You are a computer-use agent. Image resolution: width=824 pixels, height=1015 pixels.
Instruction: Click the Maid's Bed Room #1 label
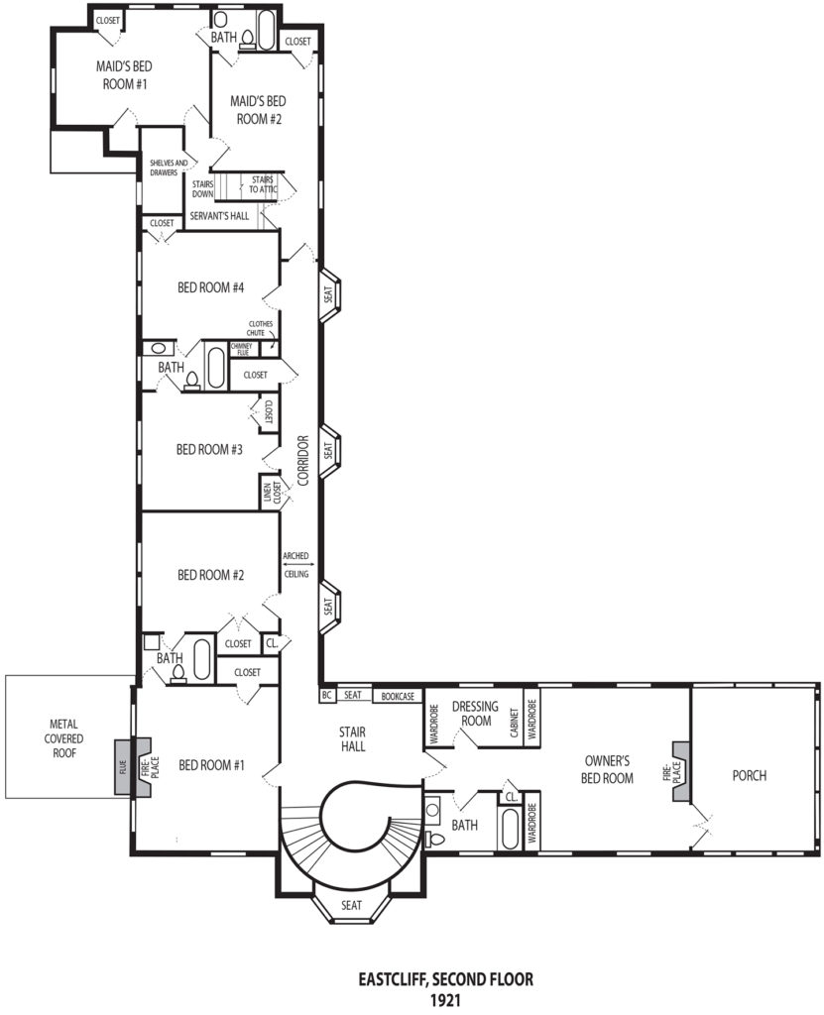(124, 75)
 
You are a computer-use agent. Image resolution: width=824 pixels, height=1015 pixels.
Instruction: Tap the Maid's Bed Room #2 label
(258, 110)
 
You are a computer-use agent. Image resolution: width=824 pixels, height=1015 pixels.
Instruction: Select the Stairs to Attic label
(263, 184)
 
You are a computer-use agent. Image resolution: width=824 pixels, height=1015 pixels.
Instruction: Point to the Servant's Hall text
(219, 216)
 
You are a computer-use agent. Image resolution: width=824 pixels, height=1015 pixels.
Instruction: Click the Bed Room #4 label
(210, 287)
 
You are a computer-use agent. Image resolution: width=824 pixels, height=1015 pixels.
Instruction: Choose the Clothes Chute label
(261, 328)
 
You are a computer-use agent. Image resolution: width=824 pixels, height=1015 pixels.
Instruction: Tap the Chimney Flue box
(243, 350)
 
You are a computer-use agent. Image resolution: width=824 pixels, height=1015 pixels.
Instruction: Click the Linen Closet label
(272, 494)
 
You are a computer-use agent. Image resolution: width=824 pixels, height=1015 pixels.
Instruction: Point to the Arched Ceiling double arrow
(296, 565)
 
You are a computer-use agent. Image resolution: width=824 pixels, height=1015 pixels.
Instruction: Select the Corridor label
(303, 460)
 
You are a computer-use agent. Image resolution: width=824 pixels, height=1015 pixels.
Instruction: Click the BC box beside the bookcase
(326, 695)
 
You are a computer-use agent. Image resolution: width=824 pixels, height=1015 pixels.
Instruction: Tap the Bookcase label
(398, 697)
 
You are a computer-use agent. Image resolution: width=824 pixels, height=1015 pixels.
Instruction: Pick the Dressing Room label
(476, 713)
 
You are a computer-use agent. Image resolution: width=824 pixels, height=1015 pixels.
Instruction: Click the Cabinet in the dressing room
(515, 723)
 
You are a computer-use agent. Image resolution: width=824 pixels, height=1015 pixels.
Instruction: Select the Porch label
(750, 775)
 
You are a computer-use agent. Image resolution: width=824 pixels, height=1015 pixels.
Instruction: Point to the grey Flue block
(123, 768)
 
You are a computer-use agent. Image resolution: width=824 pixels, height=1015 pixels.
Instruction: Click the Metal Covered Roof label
(63, 738)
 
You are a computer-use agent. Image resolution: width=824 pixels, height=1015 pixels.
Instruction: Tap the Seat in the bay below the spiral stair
(351, 905)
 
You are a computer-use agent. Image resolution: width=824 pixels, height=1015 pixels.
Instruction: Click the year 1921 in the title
(445, 1000)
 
